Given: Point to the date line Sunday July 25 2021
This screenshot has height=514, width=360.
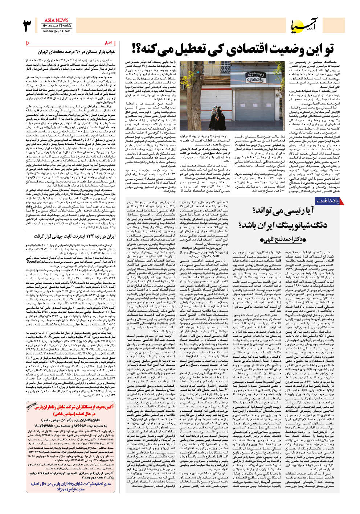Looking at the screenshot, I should point(57,31).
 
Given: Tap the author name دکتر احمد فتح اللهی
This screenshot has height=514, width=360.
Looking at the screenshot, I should point(283,240).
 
